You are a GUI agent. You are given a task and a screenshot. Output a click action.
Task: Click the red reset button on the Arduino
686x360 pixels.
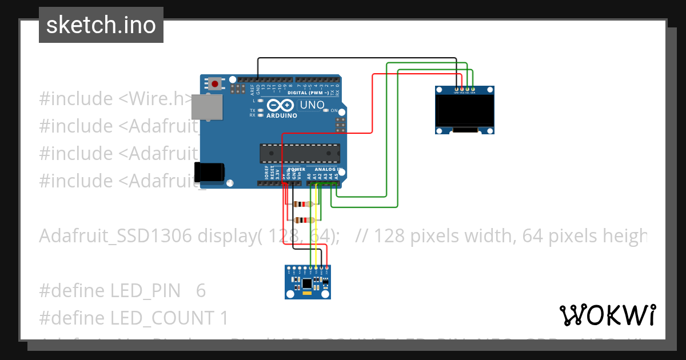(x=215, y=83)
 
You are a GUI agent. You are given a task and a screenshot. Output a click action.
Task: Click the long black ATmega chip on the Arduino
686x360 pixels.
(x=300, y=153)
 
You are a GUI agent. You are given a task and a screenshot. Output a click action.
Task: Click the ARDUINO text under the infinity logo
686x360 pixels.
(x=282, y=115)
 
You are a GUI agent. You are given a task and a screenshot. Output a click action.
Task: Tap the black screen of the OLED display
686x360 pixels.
(x=464, y=111)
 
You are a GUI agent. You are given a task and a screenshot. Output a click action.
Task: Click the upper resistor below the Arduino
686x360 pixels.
(x=301, y=204)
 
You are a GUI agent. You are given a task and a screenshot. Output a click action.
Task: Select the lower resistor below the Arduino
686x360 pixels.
(x=303, y=220)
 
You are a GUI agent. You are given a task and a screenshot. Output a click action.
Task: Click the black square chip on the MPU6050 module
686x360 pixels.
(x=307, y=283)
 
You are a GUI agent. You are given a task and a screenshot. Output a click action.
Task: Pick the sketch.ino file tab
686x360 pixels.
(x=101, y=25)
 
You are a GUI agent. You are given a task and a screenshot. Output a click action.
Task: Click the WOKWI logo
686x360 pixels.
(x=607, y=315)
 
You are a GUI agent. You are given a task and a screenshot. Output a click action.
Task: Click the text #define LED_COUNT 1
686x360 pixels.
(x=133, y=318)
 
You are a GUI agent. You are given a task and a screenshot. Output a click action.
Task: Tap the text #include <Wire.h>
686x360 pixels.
(x=114, y=98)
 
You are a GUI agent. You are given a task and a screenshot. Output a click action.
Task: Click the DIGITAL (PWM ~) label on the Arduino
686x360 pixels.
(x=308, y=93)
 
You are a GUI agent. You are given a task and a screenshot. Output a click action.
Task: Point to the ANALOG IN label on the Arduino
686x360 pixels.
(x=327, y=170)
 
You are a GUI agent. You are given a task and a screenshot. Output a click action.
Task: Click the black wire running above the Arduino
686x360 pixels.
(x=354, y=58)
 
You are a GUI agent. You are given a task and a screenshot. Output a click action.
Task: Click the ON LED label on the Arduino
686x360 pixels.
(x=333, y=110)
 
